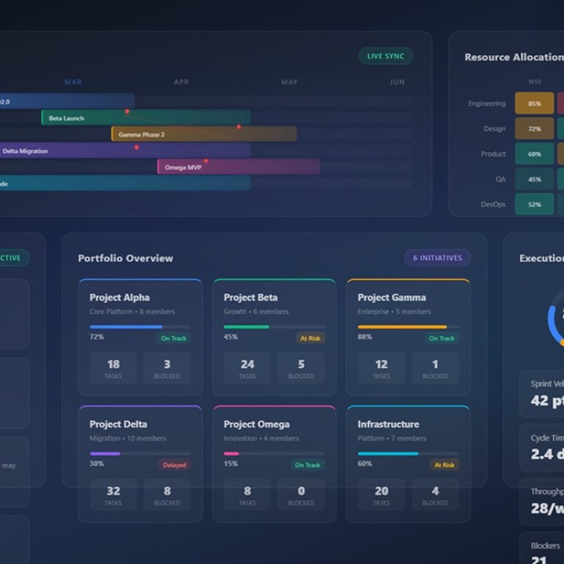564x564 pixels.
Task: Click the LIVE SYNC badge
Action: click(x=386, y=57)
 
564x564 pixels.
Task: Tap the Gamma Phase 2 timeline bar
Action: click(x=203, y=134)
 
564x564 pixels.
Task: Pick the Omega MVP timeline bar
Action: click(x=238, y=167)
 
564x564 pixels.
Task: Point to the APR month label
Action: click(x=181, y=82)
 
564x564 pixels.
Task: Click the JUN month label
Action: click(x=397, y=82)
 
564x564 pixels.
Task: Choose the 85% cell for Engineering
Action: click(x=534, y=104)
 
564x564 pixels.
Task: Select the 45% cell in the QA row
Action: click(x=534, y=179)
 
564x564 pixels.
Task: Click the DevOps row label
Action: click(x=492, y=204)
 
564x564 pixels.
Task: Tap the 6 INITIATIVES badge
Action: click(x=437, y=258)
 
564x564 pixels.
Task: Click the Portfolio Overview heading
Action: click(x=126, y=258)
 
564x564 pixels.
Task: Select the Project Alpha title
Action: click(x=120, y=297)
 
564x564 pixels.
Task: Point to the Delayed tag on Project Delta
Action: click(x=173, y=465)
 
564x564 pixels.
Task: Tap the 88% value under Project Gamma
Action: click(x=364, y=337)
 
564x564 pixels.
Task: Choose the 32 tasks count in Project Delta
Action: click(x=113, y=491)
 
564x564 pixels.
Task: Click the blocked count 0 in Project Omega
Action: click(x=301, y=491)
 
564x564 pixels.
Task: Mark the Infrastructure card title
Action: click(x=388, y=424)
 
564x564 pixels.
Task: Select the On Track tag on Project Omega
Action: click(x=308, y=465)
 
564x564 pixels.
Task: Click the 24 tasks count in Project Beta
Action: click(x=247, y=364)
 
